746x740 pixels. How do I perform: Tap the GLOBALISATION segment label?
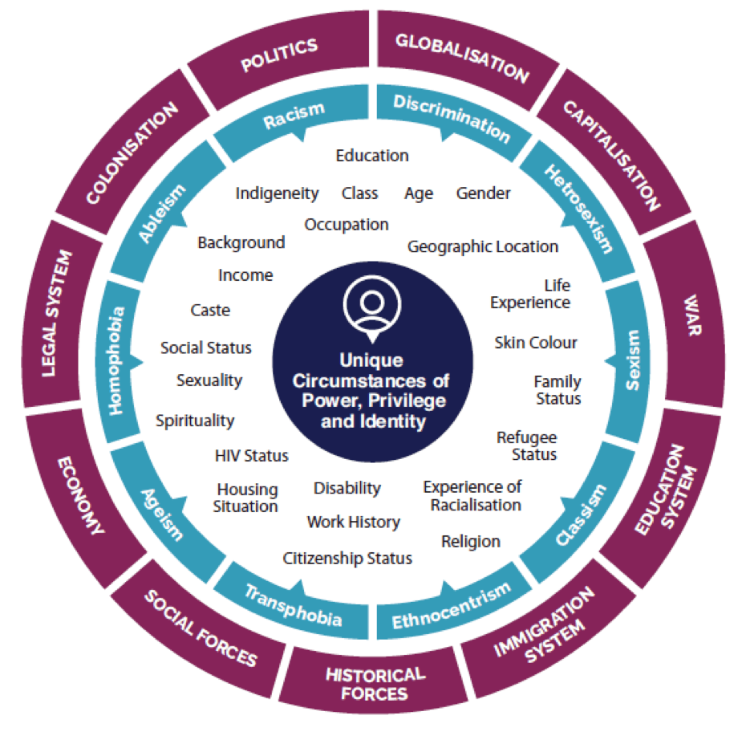tap(463, 57)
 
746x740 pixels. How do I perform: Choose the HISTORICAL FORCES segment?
tap(375, 683)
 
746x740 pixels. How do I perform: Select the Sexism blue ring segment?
tap(634, 359)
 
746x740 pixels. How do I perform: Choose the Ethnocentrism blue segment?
tap(451, 607)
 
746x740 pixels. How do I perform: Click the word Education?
tap(372, 156)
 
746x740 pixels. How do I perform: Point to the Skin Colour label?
tap(536, 343)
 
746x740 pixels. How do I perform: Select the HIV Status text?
tap(251, 456)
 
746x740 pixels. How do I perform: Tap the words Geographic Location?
tap(483, 246)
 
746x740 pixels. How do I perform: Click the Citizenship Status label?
tap(347, 558)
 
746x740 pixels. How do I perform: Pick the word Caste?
tap(210, 310)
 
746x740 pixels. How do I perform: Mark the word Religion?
tap(471, 542)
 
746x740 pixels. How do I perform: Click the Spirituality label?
tap(195, 420)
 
